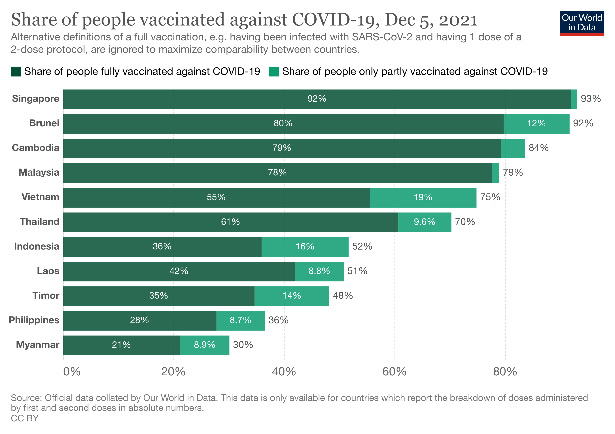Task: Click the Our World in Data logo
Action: tap(582, 23)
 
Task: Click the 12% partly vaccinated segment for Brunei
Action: tap(536, 124)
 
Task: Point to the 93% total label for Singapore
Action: tap(591, 99)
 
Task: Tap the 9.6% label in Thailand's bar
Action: tap(424, 222)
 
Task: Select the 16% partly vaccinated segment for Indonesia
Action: tap(305, 247)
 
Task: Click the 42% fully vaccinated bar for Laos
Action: tap(179, 271)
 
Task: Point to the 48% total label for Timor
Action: tap(343, 296)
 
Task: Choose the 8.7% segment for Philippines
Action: tap(240, 320)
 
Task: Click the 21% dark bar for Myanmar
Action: tap(121, 345)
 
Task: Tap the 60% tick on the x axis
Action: tap(394, 372)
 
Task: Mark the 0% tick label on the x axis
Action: tap(72, 372)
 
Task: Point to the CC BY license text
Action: tap(25, 418)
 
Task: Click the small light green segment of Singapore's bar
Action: tap(574, 99)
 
